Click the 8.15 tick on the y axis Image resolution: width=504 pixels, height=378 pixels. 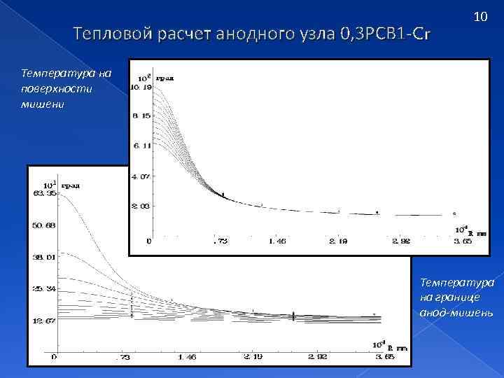[x=143, y=116]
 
